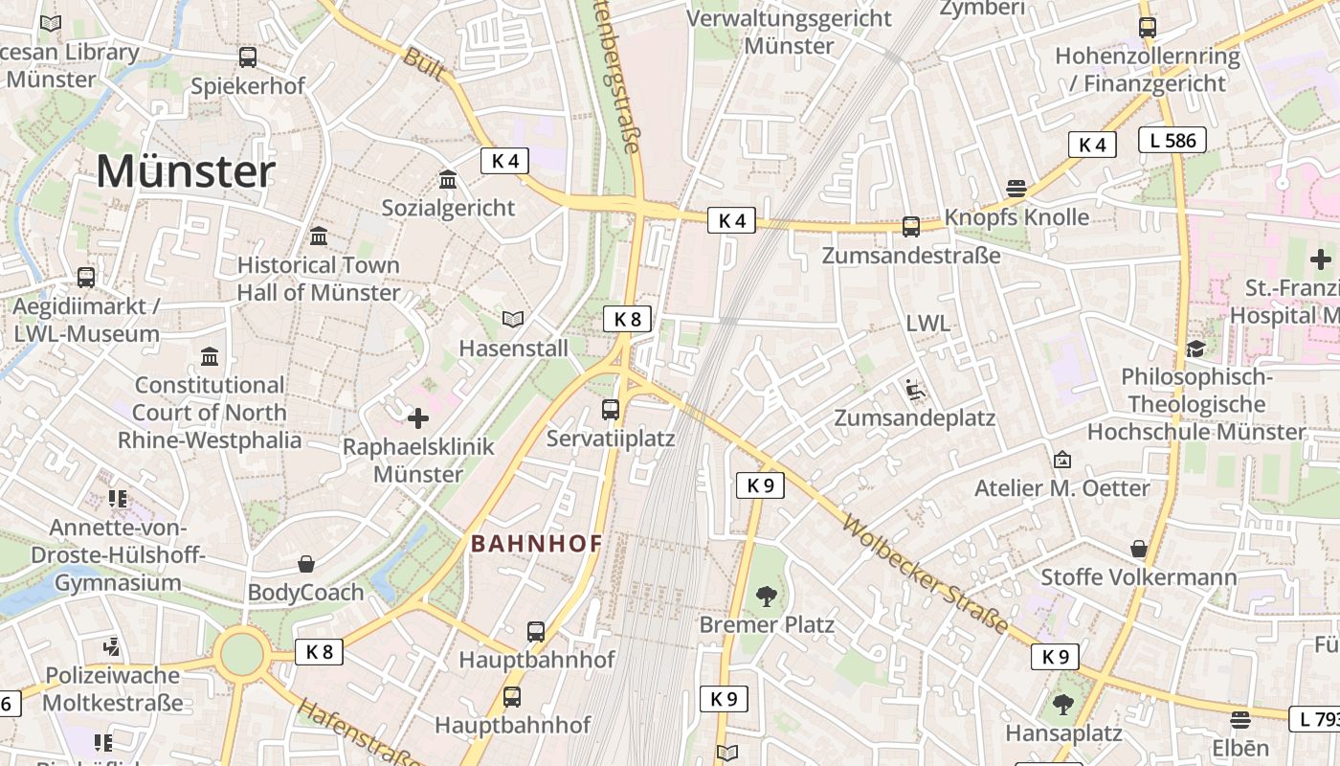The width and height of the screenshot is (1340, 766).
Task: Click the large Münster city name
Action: click(x=186, y=172)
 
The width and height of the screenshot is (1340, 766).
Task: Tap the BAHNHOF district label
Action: click(x=537, y=544)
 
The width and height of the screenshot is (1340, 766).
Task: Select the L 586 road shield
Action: click(x=1172, y=140)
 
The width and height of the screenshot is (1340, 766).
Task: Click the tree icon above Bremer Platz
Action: click(x=766, y=597)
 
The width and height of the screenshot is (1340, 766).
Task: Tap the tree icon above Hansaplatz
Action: click(x=1062, y=706)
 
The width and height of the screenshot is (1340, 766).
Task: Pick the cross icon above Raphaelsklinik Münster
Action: click(x=418, y=418)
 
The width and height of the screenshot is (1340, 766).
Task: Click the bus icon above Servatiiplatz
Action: click(x=611, y=410)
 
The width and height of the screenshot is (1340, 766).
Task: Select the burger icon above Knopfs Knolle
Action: click(x=1016, y=189)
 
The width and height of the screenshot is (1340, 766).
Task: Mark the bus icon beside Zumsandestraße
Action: click(x=911, y=227)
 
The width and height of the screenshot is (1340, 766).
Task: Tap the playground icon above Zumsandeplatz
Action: click(x=915, y=390)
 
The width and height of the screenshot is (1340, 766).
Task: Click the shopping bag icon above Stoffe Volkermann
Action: click(x=1139, y=549)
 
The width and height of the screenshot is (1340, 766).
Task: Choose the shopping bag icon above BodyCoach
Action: click(x=306, y=564)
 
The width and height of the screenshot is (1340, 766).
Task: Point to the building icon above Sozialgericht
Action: click(x=447, y=179)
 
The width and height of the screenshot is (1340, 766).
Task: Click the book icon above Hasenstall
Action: click(x=513, y=319)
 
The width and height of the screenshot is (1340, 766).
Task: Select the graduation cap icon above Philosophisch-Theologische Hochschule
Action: click(x=1195, y=349)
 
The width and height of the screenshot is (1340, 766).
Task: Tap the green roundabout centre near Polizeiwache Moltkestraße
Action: click(x=241, y=655)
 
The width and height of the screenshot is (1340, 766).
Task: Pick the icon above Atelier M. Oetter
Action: click(x=1061, y=460)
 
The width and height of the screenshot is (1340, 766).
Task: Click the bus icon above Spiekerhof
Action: click(x=248, y=57)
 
